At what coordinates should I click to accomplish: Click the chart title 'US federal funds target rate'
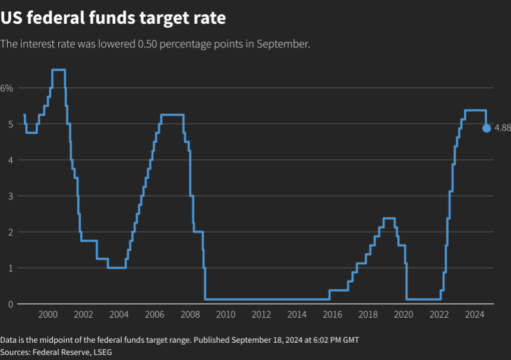pos(113,18)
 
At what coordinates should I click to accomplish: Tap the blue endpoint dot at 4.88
pos(487,128)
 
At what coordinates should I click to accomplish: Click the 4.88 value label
pos(502,128)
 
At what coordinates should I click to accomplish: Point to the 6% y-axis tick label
pos(7,88)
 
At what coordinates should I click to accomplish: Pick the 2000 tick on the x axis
pos(48,315)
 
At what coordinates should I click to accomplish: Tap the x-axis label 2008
pos(190,315)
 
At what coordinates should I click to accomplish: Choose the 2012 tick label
pos(261,315)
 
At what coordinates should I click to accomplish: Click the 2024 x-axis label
pos(475,315)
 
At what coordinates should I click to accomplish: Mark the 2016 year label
pos(333,315)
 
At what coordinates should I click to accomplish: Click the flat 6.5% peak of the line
pos(58,70)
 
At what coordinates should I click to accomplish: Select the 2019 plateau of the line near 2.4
pos(389,219)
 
